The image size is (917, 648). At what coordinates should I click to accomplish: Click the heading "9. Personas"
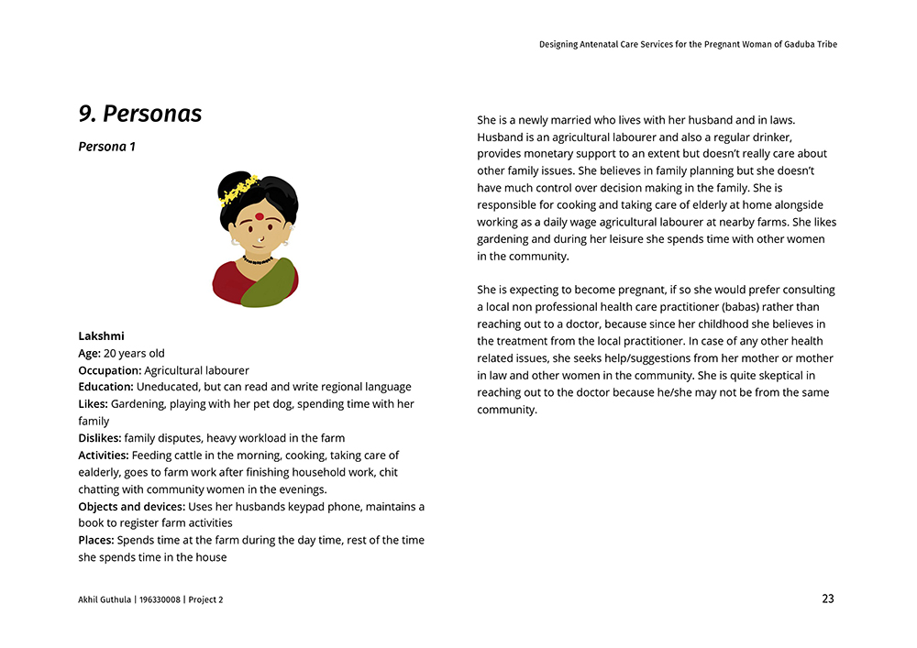pyautogui.click(x=140, y=114)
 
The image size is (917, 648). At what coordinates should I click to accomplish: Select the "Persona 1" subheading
pyautogui.click(x=107, y=147)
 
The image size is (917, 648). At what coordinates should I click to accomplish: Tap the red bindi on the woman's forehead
pyautogui.click(x=259, y=216)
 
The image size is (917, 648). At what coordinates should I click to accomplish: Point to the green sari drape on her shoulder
pyautogui.click(x=270, y=282)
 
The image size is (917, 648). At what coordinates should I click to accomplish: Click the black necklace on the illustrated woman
pyautogui.click(x=258, y=260)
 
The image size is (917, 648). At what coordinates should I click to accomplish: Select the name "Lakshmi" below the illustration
pyautogui.click(x=101, y=336)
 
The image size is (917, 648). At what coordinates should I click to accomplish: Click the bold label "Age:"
pyautogui.click(x=89, y=353)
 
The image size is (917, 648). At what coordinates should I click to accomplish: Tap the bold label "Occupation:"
pyautogui.click(x=109, y=370)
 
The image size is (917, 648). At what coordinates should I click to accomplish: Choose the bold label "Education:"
pyautogui.click(x=105, y=387)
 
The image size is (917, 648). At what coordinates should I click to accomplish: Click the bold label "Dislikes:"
pyautogui.click(x=99, y=438)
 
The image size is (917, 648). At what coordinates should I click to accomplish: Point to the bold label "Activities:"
pyautogui.click(x=103, y=456)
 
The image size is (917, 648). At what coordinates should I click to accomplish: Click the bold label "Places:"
pyautogui.click(x=95, y=541)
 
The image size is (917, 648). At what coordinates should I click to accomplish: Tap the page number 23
pyautogui.click(x=827, y=599)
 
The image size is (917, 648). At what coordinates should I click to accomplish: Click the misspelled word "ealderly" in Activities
pyautogui.click(x=100, y=473)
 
